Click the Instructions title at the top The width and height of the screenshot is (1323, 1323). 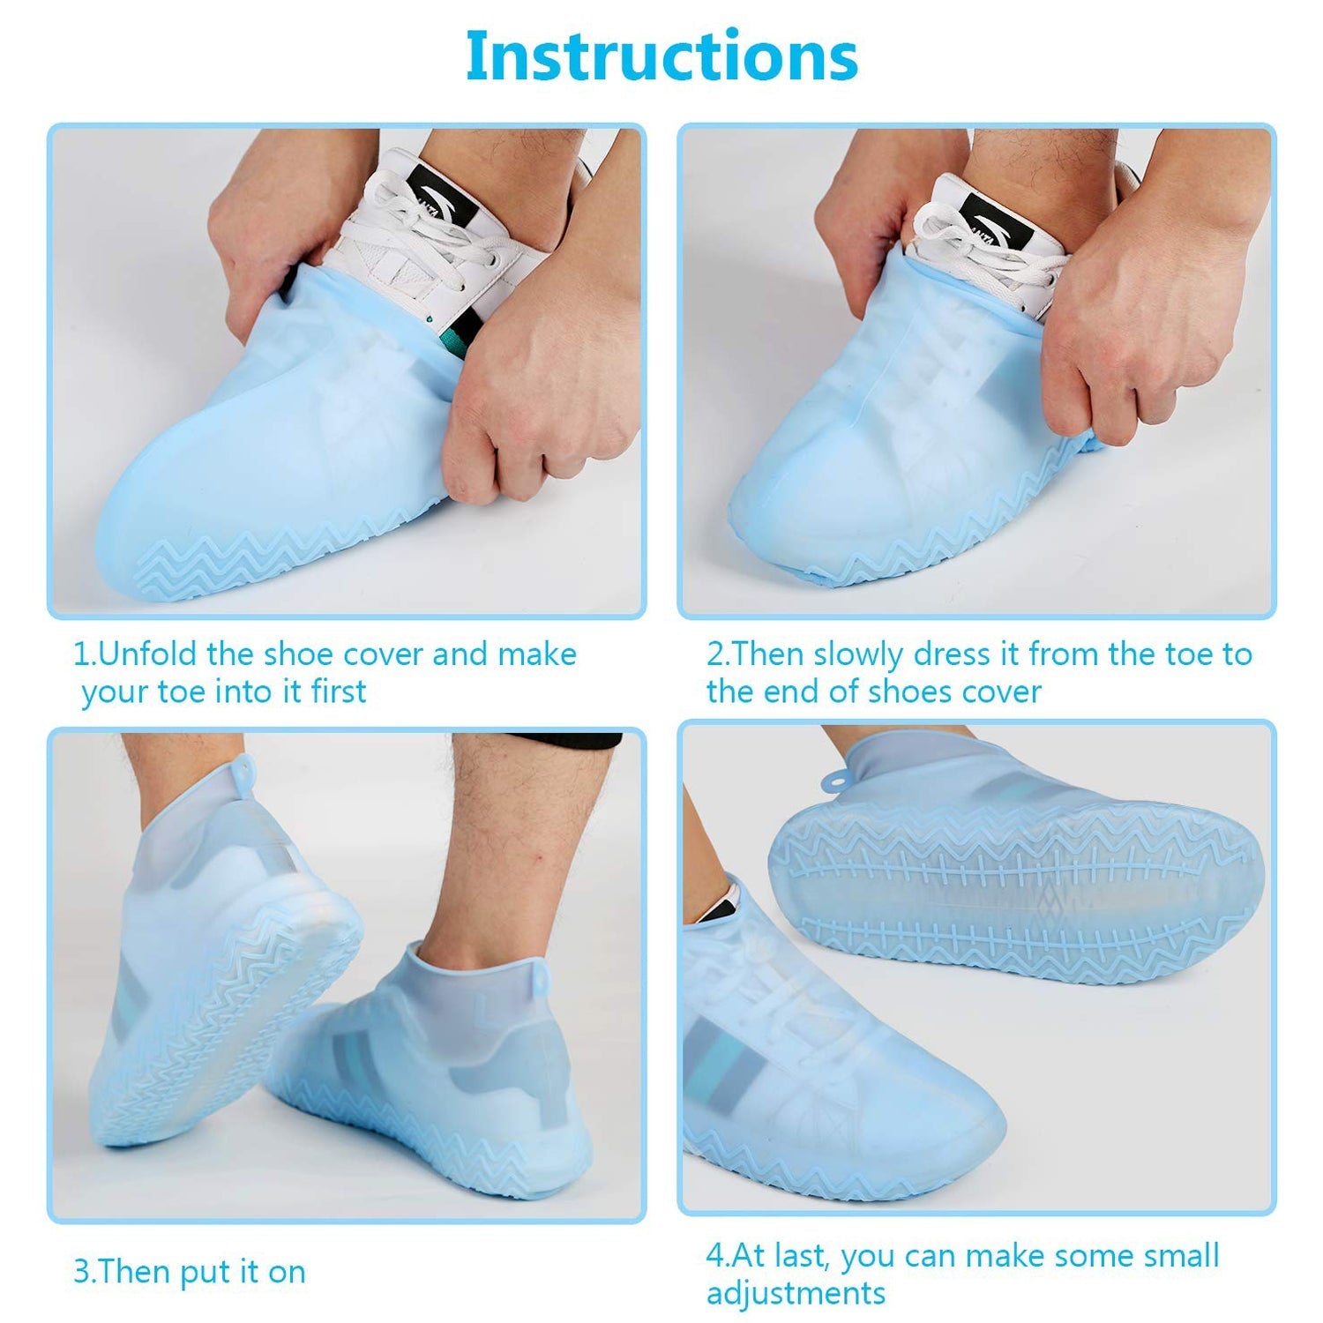[x=661, y=56]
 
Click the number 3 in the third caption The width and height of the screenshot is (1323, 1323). [x=81, y=1272]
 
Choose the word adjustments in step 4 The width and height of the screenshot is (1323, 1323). [x=796, y=1293]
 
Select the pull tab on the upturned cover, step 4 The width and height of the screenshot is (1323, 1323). [x=834, y=777]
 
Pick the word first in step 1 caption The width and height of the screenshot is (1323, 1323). [x=338, y=691]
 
